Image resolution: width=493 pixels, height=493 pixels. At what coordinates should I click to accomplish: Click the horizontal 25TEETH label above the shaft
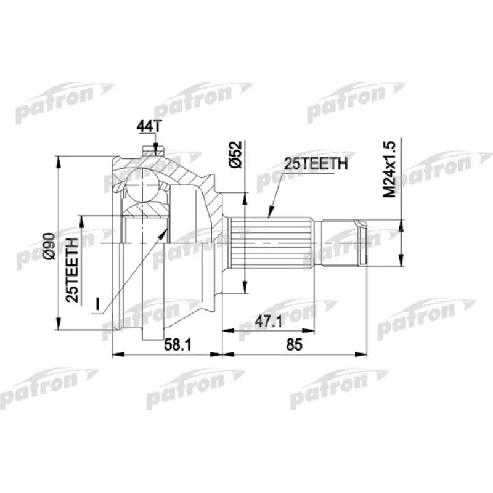pyautogui.click(x=316, y=165)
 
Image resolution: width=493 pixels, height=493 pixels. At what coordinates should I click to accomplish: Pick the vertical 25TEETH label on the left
pyautogui.click(x=73, y=269)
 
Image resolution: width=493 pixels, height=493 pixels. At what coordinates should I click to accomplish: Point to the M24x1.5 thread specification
pyautogui.click(x=389, y=168)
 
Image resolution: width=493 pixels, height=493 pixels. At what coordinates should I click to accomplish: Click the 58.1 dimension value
pyautogui.click(x=179, y=346)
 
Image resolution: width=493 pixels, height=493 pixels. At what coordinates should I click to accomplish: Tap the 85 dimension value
pyautogui.click(x=295, y=346)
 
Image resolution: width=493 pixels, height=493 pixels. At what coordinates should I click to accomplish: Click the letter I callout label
pyautogui.click(x=98, y=303)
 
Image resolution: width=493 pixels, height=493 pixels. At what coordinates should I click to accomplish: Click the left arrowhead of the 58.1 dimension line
pyautogui.click(x=116, y=354)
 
